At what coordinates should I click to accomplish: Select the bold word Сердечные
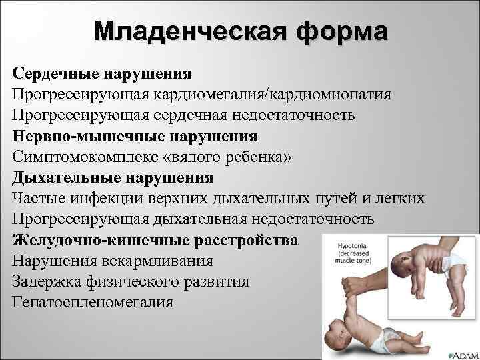[53, 73]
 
